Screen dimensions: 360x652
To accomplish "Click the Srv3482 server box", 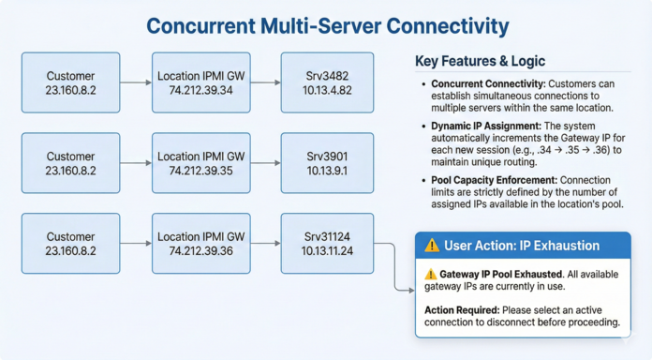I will click(327, 82).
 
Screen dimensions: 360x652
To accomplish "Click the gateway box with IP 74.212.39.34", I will click(200, 82).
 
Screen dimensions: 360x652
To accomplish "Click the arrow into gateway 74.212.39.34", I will click(136, 83).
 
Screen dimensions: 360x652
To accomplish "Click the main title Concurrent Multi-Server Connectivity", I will click(325, 24).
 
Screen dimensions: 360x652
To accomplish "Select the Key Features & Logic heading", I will click(481, 62).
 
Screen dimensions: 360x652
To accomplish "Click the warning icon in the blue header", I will click(432, 246).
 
